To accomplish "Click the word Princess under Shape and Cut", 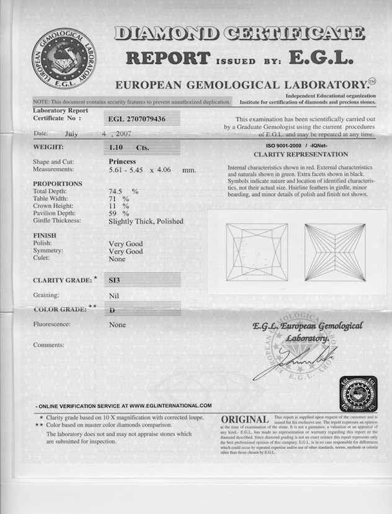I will pos(122,161).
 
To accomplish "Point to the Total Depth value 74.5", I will pos(117,192).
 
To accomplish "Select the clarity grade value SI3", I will pos(115,280).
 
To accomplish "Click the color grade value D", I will pos(111,307).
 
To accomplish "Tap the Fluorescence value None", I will pos(117,325).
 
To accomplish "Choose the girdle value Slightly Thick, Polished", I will pos(146,221).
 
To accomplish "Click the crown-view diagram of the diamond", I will pos(257,252).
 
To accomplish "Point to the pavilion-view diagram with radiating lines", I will pos(335,252).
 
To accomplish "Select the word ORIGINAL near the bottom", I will pos(244,420).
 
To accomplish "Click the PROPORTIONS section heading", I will pos(58,184).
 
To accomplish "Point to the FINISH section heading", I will pos(45,236).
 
